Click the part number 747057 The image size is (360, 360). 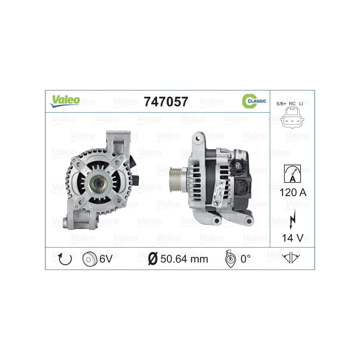[166, 102]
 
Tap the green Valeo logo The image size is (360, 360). [65, 101]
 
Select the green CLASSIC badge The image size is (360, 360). [254, 101]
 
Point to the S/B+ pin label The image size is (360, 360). [281, 104]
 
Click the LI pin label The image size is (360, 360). [301, 104]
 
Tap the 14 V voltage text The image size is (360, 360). [292, 237]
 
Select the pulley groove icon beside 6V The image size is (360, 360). [90, 259]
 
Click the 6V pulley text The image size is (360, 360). [107, 259]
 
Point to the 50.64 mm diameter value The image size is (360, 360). [184, 259]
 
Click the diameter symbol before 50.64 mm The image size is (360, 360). [153, 259]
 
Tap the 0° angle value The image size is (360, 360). [245, 259]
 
